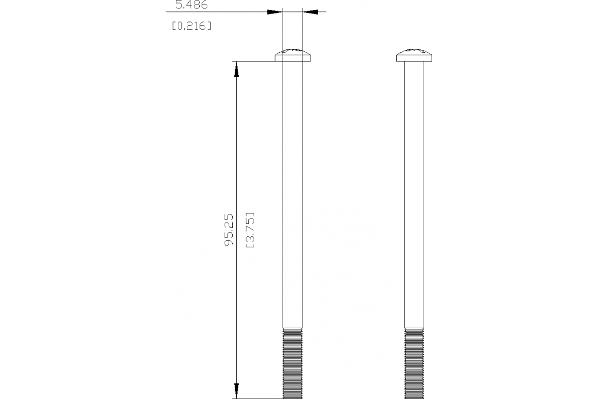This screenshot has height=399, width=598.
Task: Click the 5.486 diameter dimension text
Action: point(191,5)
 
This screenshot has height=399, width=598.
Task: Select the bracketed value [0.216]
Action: point(191,26)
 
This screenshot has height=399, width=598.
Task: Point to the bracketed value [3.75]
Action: point(251,231)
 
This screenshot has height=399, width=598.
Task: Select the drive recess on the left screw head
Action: point(293,51)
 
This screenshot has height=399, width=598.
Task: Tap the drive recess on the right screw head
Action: point(414,51)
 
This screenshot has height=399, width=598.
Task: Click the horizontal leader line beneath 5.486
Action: point(219,11)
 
